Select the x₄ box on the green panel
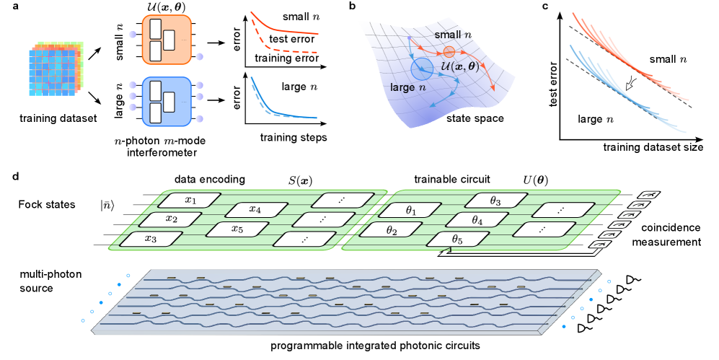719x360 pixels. point(255,210)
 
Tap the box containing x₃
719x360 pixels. point(151,239)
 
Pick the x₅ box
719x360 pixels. point(237,229)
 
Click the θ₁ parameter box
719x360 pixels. point(411,211)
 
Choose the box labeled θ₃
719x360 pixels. point(495,201)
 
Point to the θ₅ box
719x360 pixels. point(456,240)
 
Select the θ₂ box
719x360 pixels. point(391,231)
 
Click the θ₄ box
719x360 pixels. point(477,220)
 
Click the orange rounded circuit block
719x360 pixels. point(167,39)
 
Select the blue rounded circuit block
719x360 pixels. point(167,101)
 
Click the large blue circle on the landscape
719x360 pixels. point(421,69)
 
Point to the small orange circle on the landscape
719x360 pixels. point(449,51)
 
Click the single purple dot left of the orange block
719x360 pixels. point(132,34)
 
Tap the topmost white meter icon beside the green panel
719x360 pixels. point(648,195)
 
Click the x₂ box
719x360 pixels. point(171,219)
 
